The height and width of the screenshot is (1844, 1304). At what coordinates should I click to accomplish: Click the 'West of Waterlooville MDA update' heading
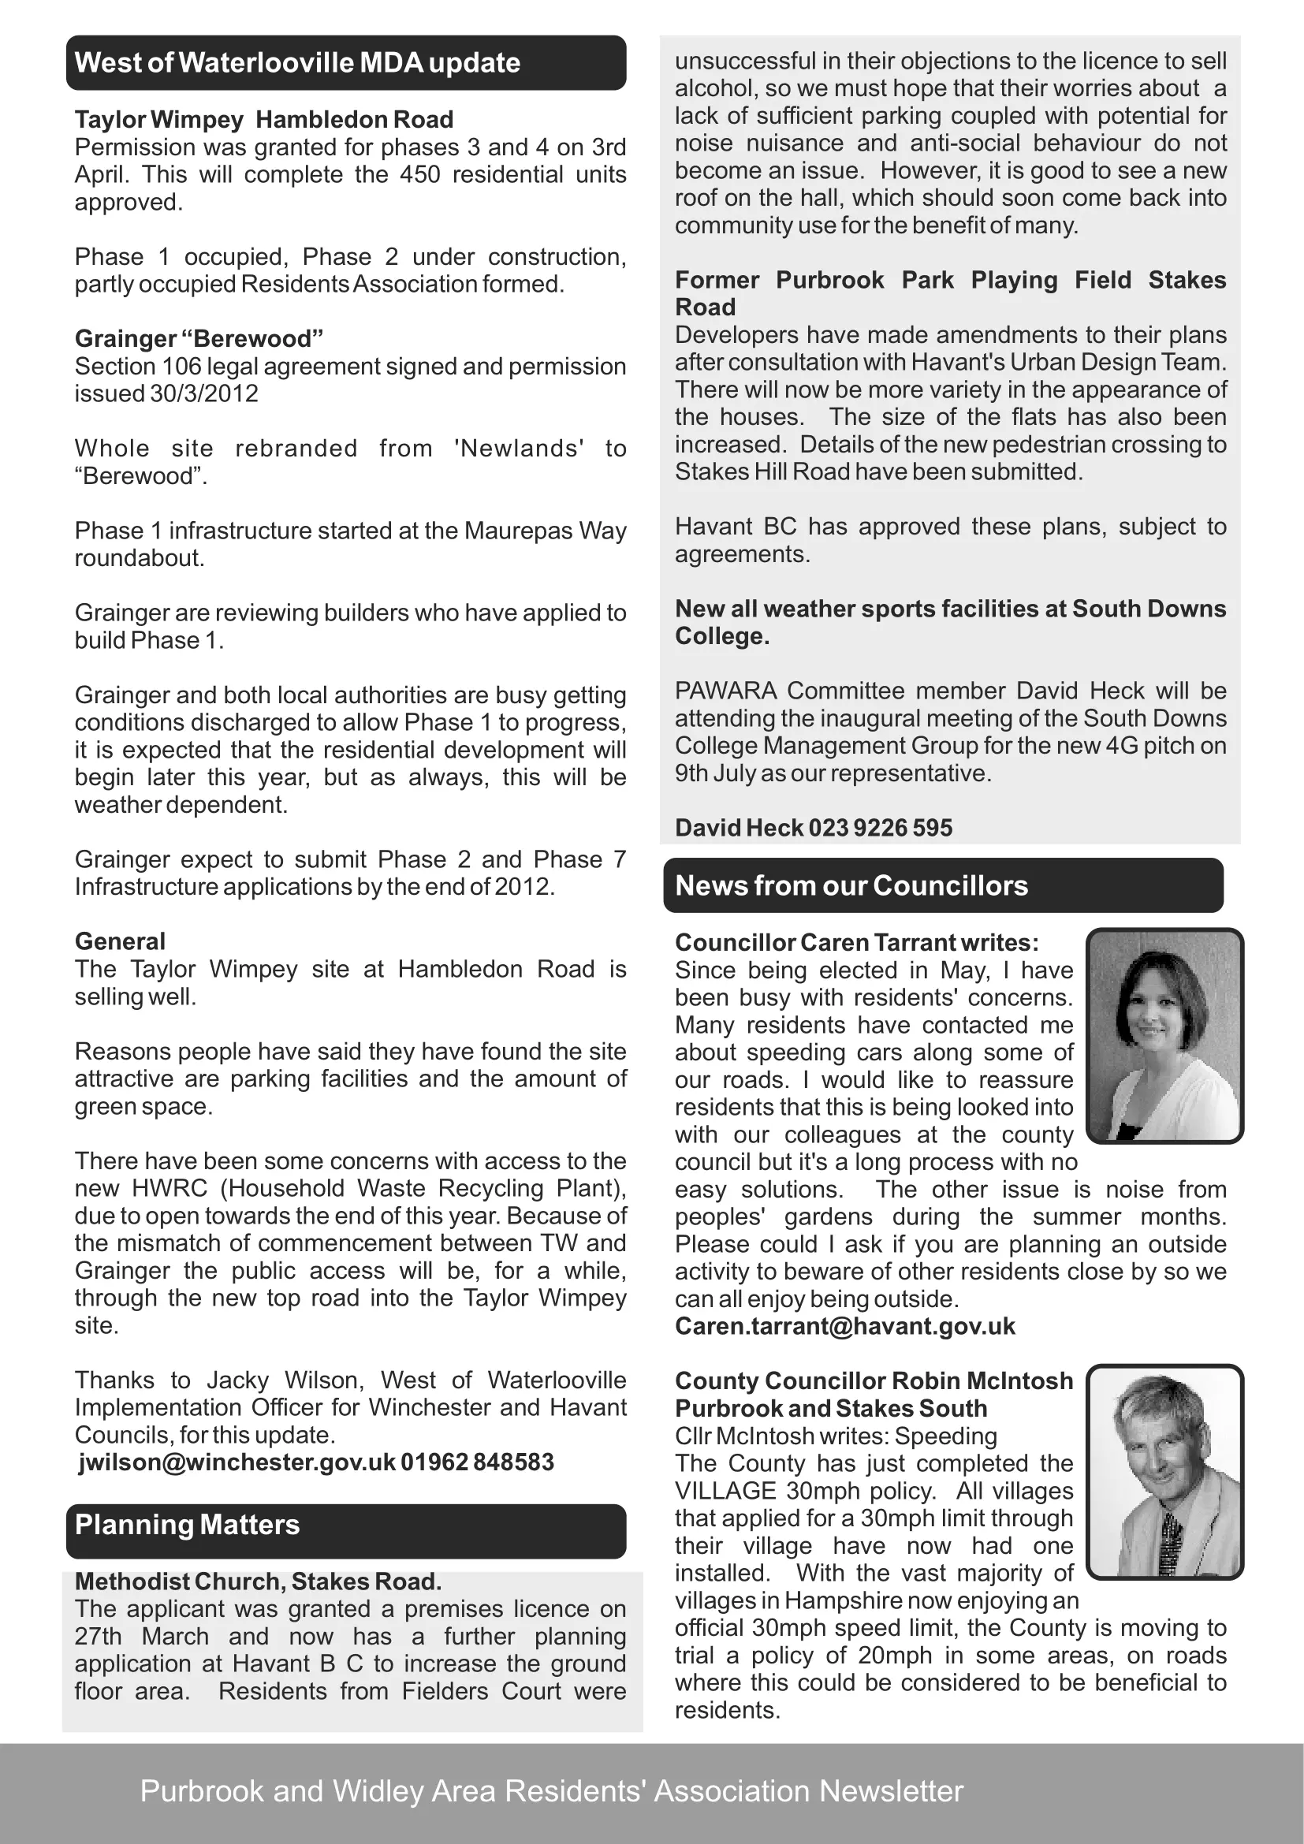tap(297, 62)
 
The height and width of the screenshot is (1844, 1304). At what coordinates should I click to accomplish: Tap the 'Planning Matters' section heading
tap(187, 1525)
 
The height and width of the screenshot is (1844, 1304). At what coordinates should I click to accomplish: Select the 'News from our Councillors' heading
tap(851, 885)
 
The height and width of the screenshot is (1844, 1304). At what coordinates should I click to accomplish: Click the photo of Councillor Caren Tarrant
tap(1164, 1035)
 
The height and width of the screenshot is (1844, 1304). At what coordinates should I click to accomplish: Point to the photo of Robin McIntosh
tap(1164, 1471)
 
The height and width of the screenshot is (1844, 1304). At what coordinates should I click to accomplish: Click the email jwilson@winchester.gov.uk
tap(237, 1462)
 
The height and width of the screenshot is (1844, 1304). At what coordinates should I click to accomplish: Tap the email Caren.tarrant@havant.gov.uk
tap(844, 1326)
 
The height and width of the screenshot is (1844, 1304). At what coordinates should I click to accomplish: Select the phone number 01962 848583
tap(477, 1462)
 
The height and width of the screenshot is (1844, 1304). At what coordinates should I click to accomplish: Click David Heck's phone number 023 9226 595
tap(880, 828)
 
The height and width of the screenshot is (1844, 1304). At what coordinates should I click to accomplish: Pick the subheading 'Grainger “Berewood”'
tap(199, 339)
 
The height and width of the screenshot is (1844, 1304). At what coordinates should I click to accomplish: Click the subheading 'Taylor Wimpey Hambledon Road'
tap(264, 120)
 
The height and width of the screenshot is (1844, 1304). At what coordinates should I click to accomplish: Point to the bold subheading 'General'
tap(120, 941)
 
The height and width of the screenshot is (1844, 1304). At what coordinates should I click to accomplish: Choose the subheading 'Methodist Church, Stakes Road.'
tap(258, 1581)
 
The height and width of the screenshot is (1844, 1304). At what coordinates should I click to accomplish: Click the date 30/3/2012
tap(204, 393)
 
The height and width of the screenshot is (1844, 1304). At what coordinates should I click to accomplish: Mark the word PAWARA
tap(726, 691)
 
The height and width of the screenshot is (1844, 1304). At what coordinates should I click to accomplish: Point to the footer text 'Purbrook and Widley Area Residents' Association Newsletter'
tap(552, 1791)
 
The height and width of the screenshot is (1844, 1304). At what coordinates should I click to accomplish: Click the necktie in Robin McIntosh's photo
tap(1171, 1542)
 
